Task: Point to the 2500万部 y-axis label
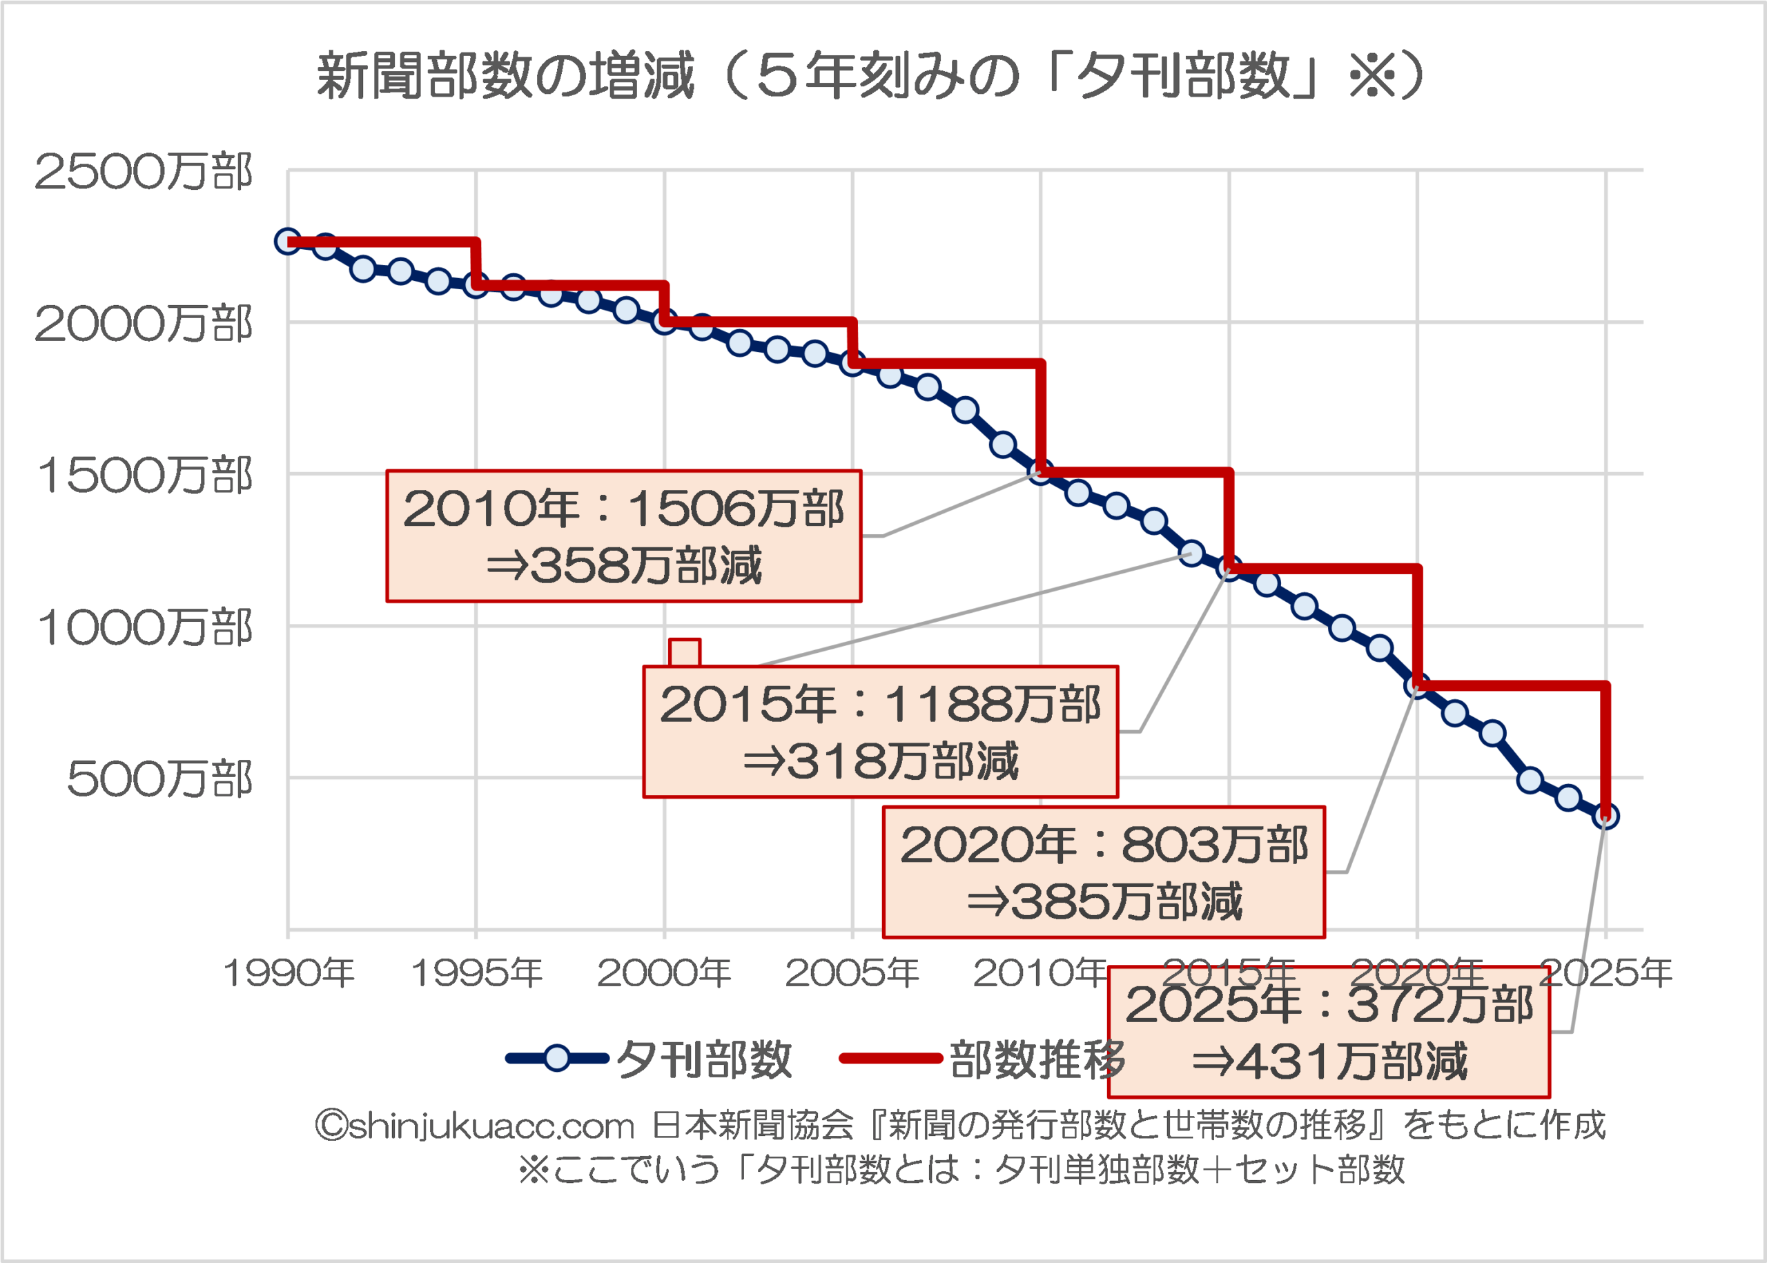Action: [144, 172]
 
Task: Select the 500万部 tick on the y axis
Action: [160, 779]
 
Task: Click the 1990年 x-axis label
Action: [289, 973]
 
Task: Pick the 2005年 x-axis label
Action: [852, 973]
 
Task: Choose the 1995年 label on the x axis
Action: [476, 973]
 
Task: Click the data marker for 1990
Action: [288, 241]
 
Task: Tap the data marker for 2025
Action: [1605, 816]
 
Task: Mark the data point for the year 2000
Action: [664, 321]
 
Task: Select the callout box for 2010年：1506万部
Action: [624, 536]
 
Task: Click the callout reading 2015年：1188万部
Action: [880, 732]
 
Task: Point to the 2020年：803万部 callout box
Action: [1104, 872]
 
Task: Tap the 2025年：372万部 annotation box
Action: [1329, 1032]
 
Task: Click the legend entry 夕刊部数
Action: [704, 1059]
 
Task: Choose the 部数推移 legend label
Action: [1037, 1059]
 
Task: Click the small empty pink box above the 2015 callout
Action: [685, 652]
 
